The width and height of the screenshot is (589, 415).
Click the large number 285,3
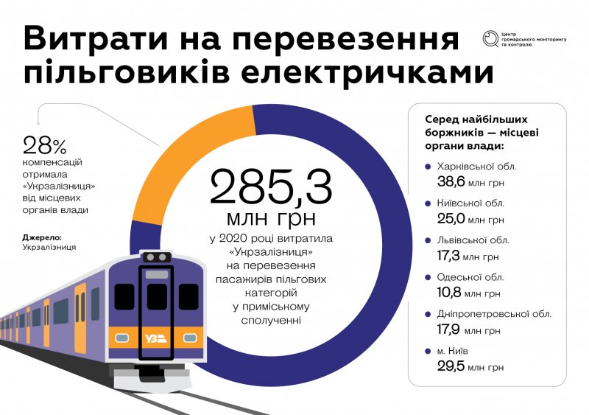click(x=271, y=187)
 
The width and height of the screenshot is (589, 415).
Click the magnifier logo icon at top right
click(x=490, y=38)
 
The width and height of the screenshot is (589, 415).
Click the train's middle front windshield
click(x=157, y=296)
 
